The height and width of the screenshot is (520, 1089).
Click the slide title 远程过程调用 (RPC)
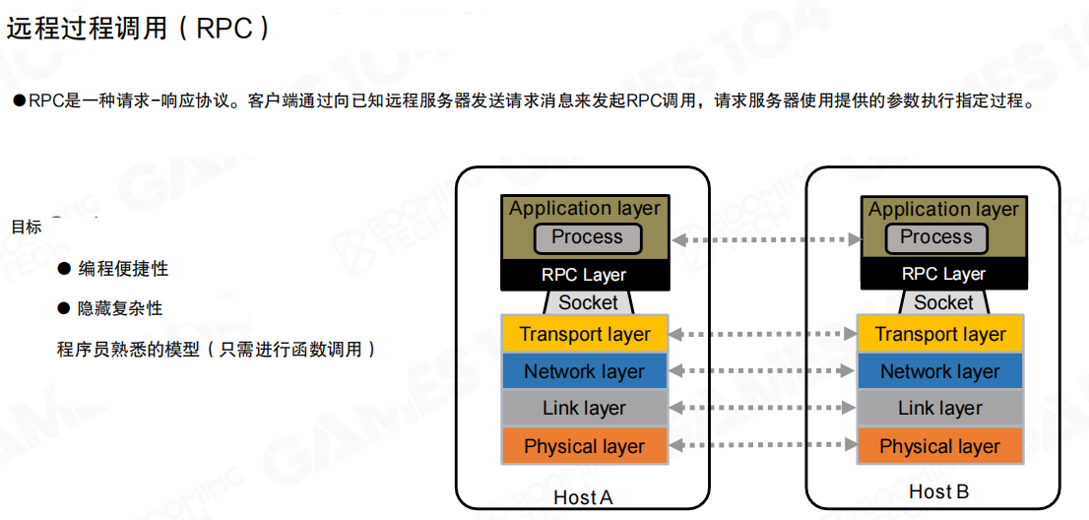click(x=138, y=28)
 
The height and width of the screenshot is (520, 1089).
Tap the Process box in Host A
click(x=587, y=237)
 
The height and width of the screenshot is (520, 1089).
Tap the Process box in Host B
click(x=935, y=237)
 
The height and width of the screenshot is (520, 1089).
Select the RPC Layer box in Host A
click(x=584, y=275)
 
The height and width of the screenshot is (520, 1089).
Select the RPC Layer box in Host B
click(x=943, y=275)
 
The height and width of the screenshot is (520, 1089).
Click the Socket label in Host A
click(x=588, y=302)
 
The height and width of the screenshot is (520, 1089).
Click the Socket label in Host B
click(x=943, y=302)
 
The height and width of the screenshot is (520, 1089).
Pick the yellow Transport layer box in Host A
click(x=585, y=334)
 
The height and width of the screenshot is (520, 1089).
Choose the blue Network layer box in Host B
click(x=939, y=371)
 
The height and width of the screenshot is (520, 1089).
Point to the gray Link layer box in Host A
click(x=584, y=408)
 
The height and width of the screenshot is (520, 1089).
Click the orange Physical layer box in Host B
click(x=939, y=446)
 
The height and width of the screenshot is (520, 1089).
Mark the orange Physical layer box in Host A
click(x=584, y=446)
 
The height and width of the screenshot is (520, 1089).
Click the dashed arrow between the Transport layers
click(x=762, y=335)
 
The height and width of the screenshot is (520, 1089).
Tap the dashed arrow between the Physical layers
click(x=762, y=446)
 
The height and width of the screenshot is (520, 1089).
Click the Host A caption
click(x=583, y=497)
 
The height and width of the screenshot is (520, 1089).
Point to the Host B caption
click(x=938, y=491)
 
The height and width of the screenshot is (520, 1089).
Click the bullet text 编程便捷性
click(x=123, y=269)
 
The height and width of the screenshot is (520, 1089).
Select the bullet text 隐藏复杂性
click(x=120, y=308)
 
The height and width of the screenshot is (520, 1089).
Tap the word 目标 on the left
click(x=27, y=227)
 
